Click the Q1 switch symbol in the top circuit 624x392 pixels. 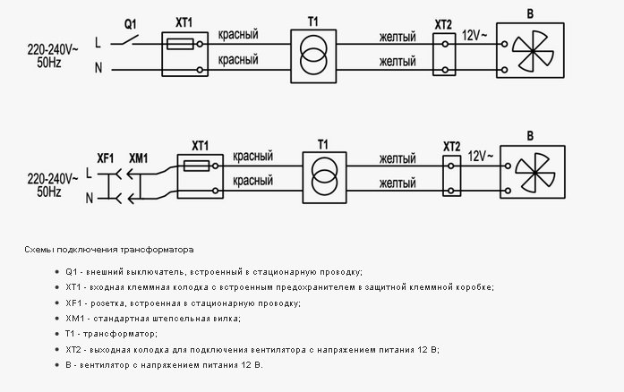point(124,40)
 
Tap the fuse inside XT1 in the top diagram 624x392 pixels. point(180,44)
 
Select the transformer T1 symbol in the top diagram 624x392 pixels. point(313,56)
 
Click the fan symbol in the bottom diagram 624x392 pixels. point(534,173)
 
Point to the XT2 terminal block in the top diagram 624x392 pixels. point(444,54)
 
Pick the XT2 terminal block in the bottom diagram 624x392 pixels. point(452,175)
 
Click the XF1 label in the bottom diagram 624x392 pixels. point(106,158)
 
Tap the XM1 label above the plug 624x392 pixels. point(138,158)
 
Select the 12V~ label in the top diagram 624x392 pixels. point(474,36)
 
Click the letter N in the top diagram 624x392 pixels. point(98,68)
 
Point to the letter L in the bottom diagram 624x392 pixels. point(89,173)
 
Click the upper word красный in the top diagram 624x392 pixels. point(238,34)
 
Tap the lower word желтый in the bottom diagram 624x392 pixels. point(397,183)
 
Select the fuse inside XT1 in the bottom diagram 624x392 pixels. point(197,166)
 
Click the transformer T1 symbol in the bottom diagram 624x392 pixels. point(324,177)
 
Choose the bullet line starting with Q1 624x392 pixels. point(214,272)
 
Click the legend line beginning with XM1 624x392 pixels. point(153,319)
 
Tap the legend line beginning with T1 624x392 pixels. point(111,334)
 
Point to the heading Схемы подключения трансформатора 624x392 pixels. point(109,250)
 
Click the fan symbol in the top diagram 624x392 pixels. point(532,50)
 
